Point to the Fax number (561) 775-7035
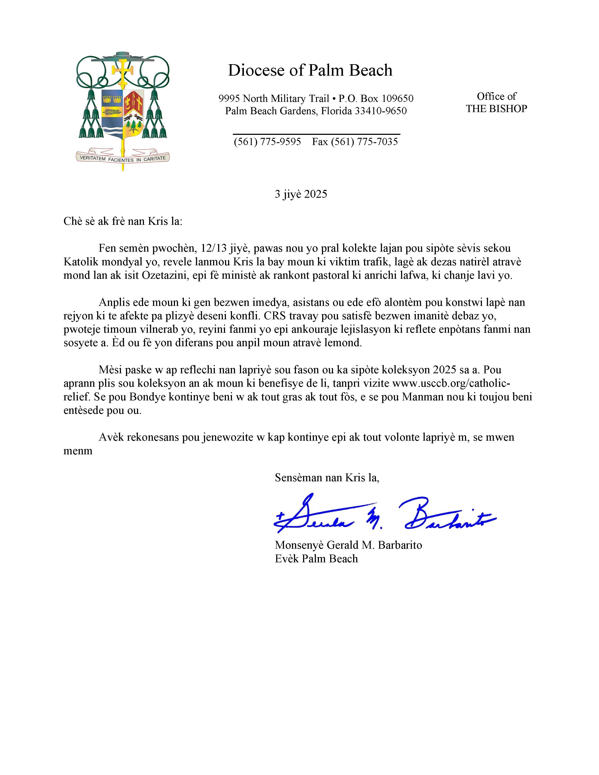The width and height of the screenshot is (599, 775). coord(355,142)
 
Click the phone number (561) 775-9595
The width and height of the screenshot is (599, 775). coord(267,142)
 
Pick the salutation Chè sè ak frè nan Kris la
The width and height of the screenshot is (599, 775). coord(122,221)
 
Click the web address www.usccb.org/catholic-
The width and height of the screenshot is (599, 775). coord(451,383)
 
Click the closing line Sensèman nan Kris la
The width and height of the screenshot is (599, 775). coord(327,478)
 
